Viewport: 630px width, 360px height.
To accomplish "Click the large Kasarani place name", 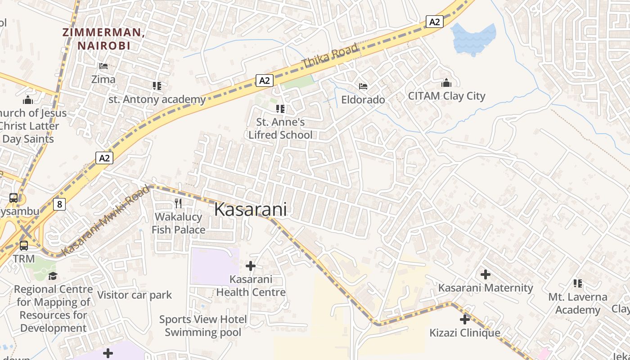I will pos(250,210).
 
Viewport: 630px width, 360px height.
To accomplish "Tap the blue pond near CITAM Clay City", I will pos(474,38).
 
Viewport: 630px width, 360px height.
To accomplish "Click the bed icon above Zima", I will pos(103,66).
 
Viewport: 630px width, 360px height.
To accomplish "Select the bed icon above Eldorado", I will pos(363,86).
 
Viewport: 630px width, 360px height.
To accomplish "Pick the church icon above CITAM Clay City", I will pos(446,83).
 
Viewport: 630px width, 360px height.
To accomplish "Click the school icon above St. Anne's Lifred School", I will pos(280,108).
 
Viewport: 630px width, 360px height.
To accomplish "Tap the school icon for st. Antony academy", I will pos(157,85).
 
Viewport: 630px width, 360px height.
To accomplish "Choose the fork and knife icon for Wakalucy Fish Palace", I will pos(178,203).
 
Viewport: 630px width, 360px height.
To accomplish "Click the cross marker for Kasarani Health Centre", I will pos(251,266).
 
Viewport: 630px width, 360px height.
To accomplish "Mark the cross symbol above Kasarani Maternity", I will pos(486,274).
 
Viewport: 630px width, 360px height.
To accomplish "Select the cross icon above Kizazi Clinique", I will pos(465,319).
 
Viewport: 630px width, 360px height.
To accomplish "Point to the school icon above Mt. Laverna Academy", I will pos(578,283).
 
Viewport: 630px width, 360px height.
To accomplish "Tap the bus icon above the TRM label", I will pos(23,246).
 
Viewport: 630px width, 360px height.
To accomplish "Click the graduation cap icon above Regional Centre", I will pos(53,275).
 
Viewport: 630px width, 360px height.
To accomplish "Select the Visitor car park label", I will pos(135,295).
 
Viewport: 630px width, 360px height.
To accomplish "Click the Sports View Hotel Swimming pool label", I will pos(203,326).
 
